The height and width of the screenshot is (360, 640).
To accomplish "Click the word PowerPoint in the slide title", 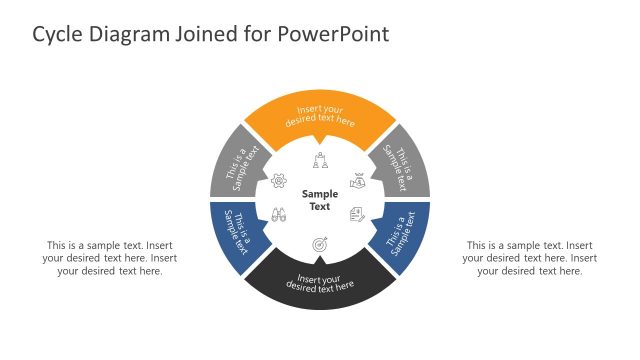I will tap(335, 34).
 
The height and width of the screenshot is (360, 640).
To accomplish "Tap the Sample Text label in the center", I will tap(320, 200).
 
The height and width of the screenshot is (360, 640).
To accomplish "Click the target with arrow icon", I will tap(320, 243).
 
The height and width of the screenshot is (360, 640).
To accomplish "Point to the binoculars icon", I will tap(279, 215).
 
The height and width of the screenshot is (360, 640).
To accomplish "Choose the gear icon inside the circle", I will tap(279, 181).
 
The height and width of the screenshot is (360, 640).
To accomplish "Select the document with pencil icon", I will tap(357, 214).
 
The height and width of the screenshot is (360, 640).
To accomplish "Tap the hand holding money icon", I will tap(357, 182).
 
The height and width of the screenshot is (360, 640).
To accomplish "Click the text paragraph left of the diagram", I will tap(103, 258).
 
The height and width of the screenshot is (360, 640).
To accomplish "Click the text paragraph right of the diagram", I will tap(529, 258).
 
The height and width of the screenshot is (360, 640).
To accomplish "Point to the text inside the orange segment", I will tap(320, 115).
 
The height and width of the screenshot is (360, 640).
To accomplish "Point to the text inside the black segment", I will tap(320, 283).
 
